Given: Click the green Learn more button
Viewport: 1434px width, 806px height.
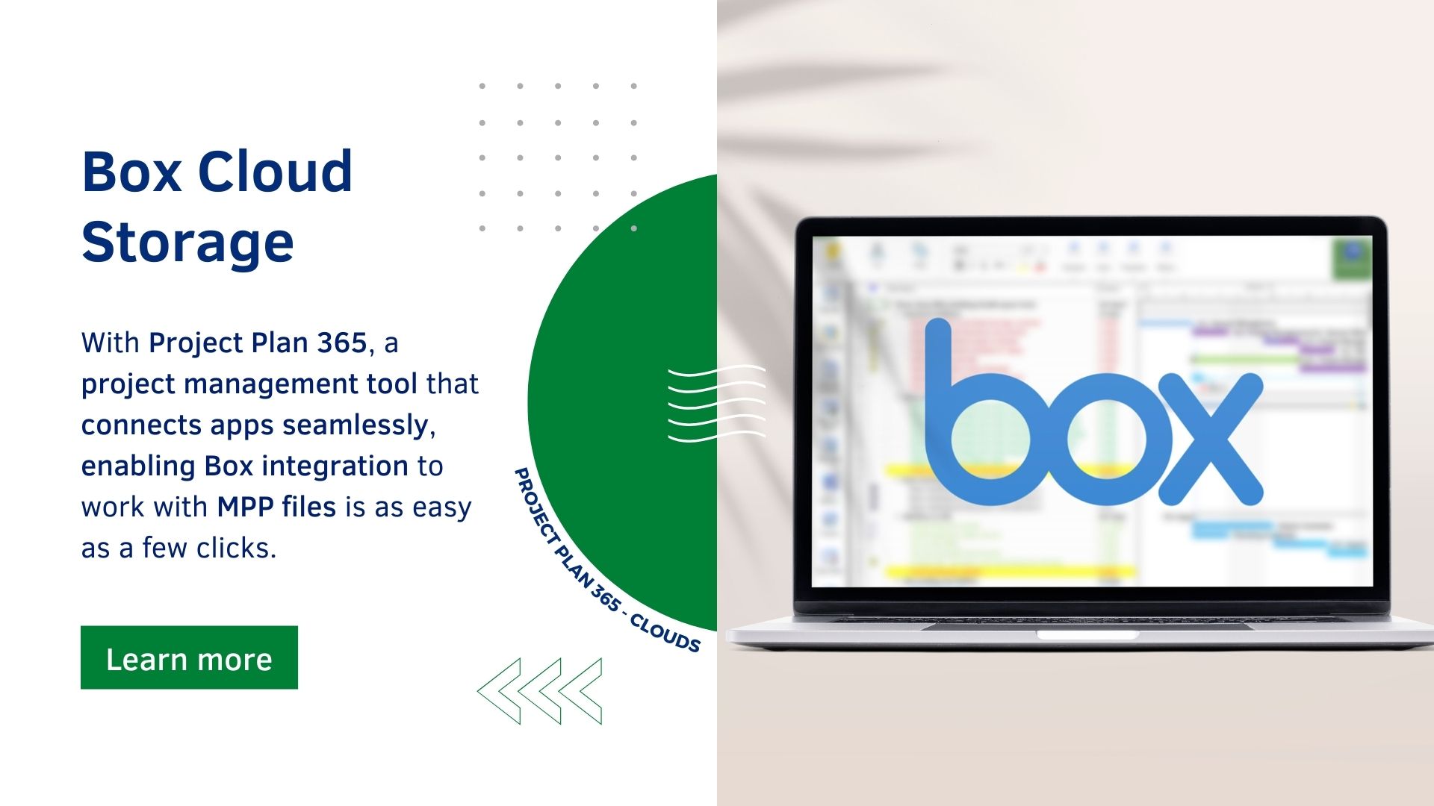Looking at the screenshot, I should (189, 657).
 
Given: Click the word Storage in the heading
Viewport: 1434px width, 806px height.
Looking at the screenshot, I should (187, 243).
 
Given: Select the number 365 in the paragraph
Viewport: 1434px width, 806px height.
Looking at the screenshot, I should (341, 343).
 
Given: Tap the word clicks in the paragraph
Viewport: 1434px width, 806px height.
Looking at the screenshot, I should (236, 548).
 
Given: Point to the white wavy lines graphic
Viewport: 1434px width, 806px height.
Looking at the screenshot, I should (716, 403).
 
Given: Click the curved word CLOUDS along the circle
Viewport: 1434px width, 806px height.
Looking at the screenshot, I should (665, 634).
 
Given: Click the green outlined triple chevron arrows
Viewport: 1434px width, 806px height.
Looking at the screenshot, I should (540, 690).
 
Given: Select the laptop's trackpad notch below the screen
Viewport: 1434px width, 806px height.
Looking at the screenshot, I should (1087, 635).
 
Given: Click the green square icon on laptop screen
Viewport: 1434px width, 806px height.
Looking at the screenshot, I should (1351, 257).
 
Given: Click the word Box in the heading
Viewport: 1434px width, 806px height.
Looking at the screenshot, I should (131, 172).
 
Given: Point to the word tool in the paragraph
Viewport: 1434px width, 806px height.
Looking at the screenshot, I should (391, 384).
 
